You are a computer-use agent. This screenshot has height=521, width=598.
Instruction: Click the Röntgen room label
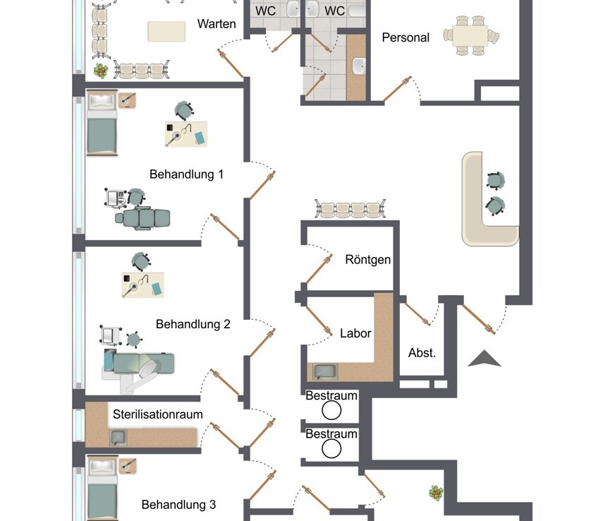(x=367, y=260)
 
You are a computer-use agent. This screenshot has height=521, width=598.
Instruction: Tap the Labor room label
(x=355, y=333)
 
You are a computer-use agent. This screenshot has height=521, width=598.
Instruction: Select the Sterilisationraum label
(x=157, y=414)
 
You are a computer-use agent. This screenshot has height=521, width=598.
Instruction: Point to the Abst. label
(x=422, y=353)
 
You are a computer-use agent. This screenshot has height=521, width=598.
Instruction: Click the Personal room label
(x=405, y=37)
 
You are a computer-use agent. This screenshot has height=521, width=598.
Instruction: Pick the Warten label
(x=216, y=24)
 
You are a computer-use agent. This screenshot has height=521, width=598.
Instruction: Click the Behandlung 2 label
(x=193, y=325)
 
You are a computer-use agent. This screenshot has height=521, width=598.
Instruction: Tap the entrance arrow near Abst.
(x=484, y=359)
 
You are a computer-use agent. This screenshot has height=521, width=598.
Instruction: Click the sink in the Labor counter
(x=325, y=372)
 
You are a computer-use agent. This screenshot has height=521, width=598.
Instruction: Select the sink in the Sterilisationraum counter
(x=118, y=438)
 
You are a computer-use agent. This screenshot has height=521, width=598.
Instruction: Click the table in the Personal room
(x=470, y=35)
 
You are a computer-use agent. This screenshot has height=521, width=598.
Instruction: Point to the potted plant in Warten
(x=101, y=71)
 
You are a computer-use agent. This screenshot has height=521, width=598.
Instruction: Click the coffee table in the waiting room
(x=166, y=31)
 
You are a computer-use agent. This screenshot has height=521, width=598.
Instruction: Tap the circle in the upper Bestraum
(x=331, y=411)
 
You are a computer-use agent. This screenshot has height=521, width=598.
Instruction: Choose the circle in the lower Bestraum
(x=331, y=448)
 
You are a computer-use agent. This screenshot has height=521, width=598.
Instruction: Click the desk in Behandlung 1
(x=186, y=134)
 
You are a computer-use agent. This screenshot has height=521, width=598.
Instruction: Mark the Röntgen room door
(x=319, y=270)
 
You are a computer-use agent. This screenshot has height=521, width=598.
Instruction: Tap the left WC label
(x=265, y=11)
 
